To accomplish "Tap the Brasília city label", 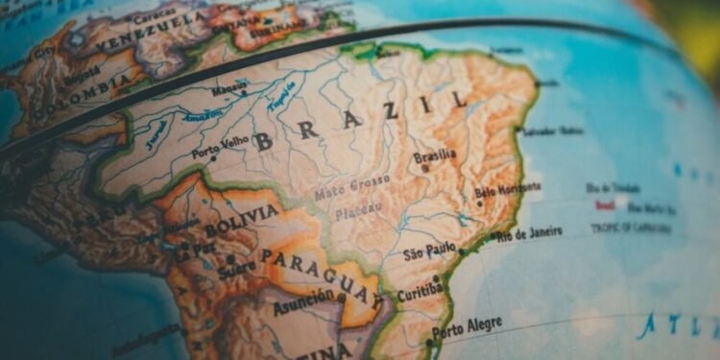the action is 435,156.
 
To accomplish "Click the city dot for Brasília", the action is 425,168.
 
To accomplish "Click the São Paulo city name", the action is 428,252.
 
